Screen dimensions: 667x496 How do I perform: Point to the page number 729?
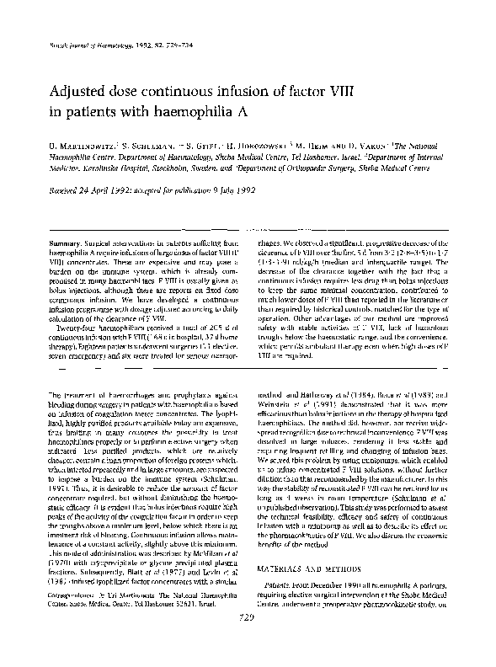[248, 642]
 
